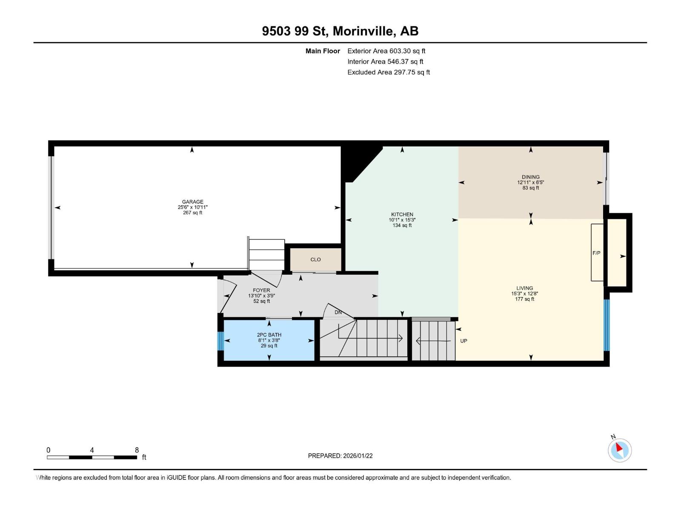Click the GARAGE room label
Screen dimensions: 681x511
pos(192,202)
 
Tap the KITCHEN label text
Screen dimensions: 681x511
pos(402,214)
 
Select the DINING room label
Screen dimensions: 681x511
pos(530,177)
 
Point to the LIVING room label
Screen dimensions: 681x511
pos(525,288)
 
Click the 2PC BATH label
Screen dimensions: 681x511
pos(269,335)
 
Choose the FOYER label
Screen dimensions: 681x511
pos(261,290)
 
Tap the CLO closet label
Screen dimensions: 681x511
pos(315,259)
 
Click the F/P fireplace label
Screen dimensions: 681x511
pos(596,253)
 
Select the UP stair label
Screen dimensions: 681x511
pos(464,341)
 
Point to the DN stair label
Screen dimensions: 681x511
pos(338,312)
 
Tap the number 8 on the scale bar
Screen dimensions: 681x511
pos(137,450)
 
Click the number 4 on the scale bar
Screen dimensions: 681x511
pos(92,450)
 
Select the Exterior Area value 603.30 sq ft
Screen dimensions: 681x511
pos(407,51)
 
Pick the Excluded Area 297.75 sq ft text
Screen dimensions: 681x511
pos(389,72)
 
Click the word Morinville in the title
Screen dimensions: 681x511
pos(364,31)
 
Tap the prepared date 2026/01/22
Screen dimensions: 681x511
pos(358,456)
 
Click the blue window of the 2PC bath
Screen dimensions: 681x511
pos(220,341)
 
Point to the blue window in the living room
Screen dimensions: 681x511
pos(606,325)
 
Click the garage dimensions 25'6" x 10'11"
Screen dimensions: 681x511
pos(192,207)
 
